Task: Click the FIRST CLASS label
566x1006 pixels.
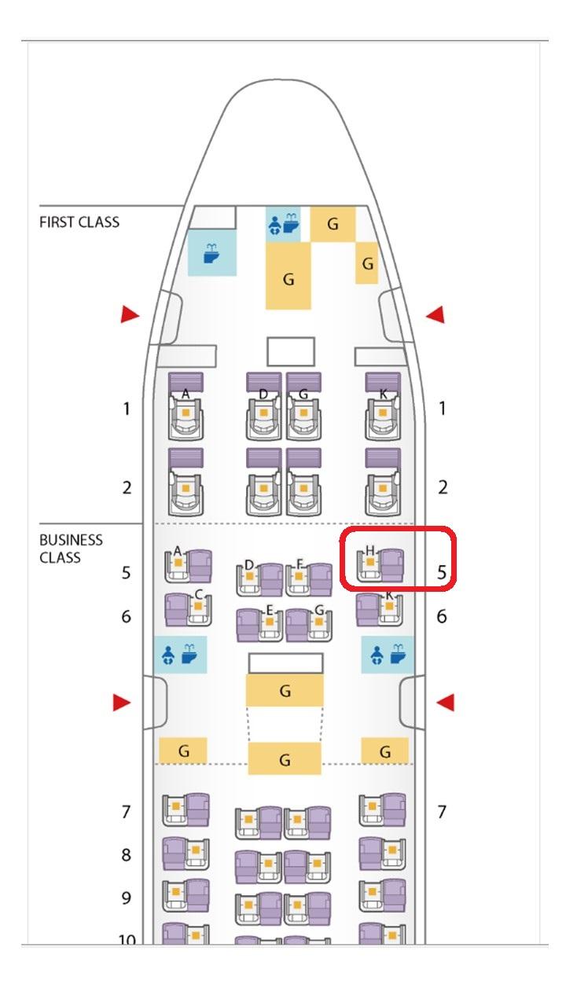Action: tap(79, 222)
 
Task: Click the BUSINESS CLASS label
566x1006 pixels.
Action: tap(71, 549)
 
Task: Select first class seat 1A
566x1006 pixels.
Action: tap(186, 406)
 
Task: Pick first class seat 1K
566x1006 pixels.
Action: tap(383, 406)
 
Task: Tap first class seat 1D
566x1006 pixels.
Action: tap(263, 406)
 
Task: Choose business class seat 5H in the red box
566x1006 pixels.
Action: tap(380, 565)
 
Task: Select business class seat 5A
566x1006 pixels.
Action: tap(188, 566)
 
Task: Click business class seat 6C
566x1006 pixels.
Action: tap(188, 609)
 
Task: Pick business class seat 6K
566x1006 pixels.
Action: tap(380, 609)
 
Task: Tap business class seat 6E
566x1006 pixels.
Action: tap(259, 624)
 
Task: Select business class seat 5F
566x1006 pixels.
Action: tap(309, 579)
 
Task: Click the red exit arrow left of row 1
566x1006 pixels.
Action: tap(130, 314)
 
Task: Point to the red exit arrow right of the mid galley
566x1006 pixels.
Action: tap(445, 703)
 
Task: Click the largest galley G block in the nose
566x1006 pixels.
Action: tap(288, 276)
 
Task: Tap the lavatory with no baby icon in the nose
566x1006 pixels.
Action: tap(212, 252)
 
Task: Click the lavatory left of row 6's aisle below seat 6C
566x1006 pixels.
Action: tap(180, 655)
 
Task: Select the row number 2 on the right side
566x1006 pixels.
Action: tap(443, 487)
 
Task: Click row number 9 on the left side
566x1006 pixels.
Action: tap(127, 898)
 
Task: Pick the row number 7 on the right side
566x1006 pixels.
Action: tap(442, 812)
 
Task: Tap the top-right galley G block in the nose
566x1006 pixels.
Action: tap(333, 224)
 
